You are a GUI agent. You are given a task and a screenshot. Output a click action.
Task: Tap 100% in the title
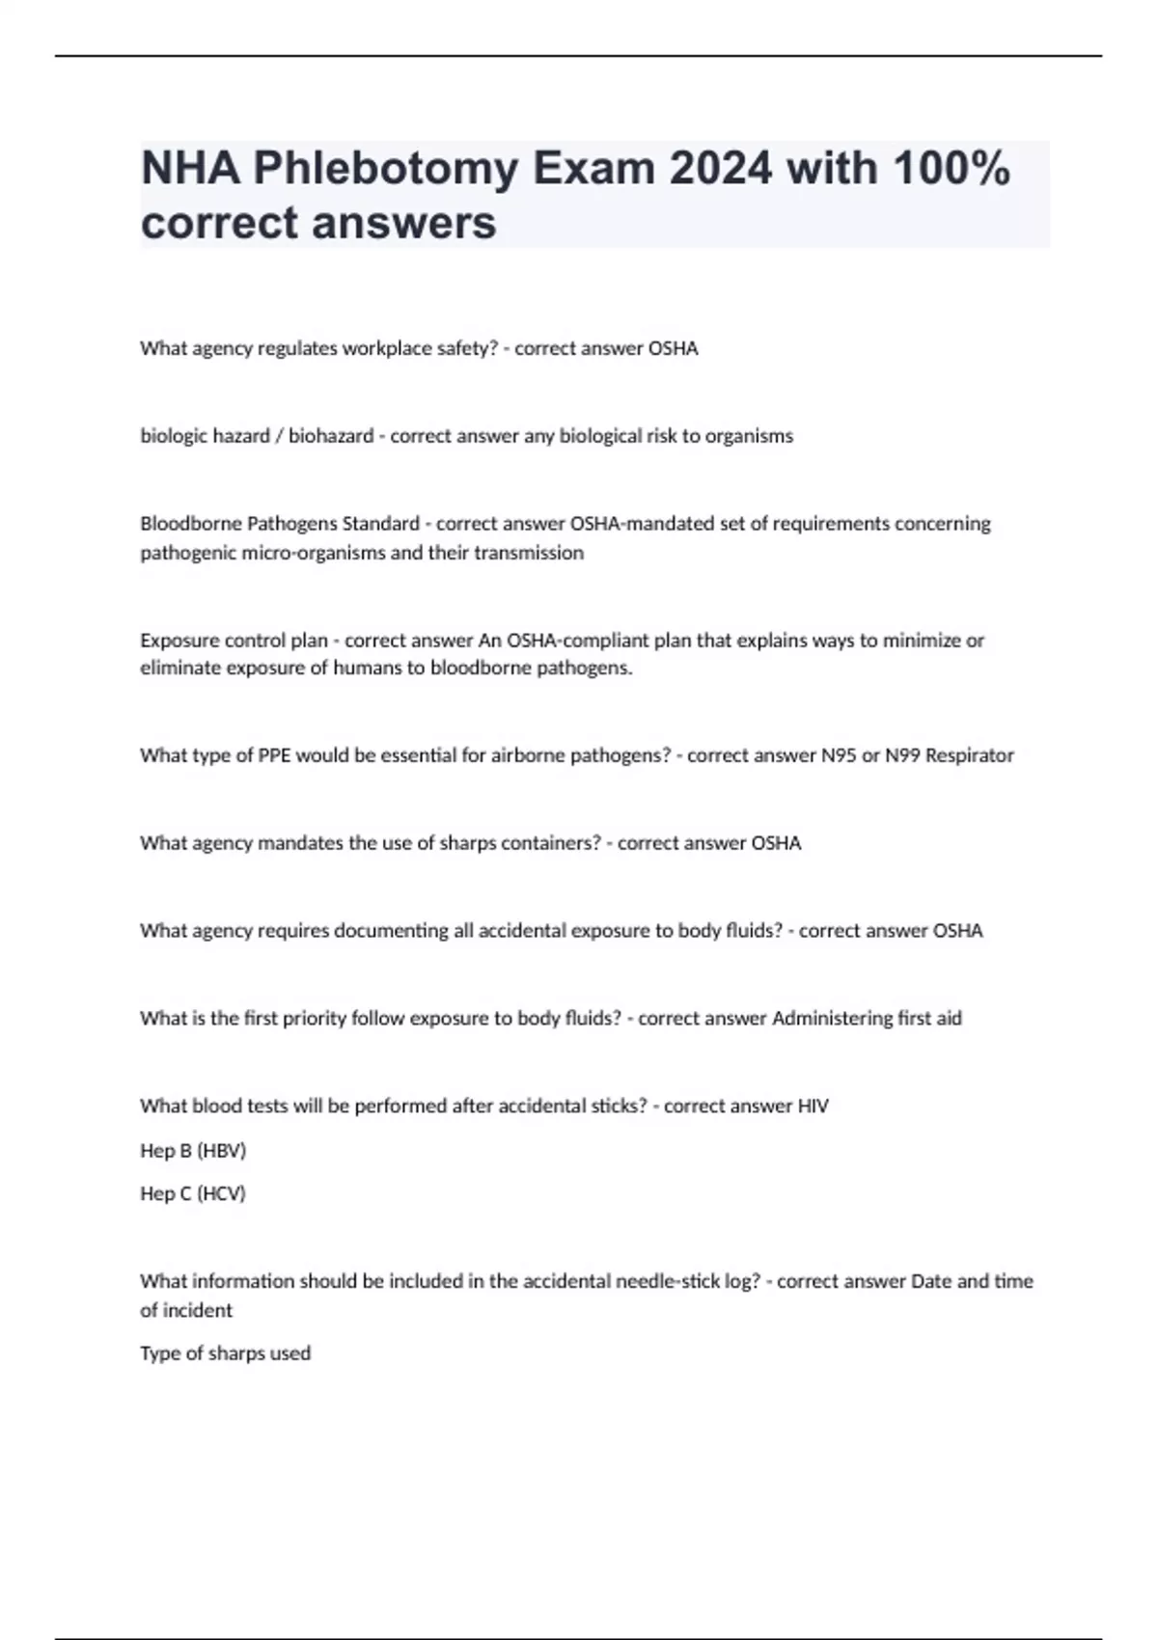[951, 170]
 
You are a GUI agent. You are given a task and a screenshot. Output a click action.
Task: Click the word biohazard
[331, 436]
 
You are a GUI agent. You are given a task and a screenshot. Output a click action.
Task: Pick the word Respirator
[969, 755]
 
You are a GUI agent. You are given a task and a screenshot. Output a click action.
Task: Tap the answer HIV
[813, 1107]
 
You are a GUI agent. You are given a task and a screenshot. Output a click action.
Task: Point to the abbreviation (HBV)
[221, 1151]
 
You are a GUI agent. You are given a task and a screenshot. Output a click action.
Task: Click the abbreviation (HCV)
[221, 1194]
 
